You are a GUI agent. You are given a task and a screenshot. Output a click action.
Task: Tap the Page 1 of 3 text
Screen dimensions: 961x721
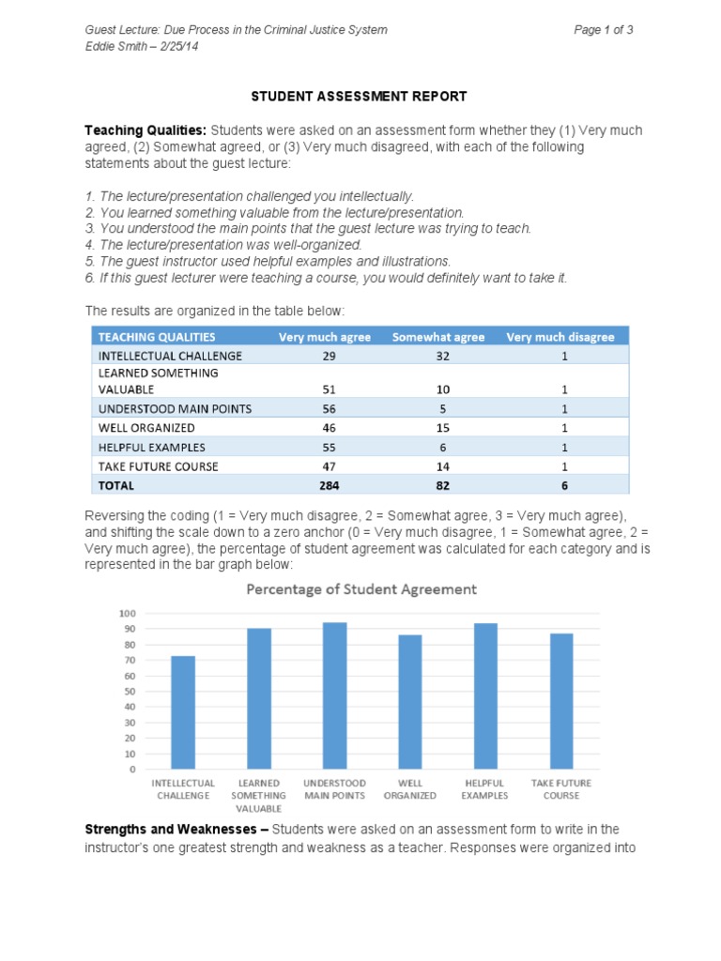coord(604,30)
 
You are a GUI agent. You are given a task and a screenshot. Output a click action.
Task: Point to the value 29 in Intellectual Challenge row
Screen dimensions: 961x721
coord(325,356)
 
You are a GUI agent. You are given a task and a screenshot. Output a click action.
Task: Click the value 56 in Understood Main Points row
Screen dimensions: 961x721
coord(325,408)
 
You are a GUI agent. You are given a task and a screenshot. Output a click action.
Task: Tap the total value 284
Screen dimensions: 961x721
coord(325,485)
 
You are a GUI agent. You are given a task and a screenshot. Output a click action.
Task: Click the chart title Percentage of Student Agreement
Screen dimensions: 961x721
coord(361,589)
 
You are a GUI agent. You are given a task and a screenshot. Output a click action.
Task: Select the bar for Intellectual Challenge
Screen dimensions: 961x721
coord(183,712)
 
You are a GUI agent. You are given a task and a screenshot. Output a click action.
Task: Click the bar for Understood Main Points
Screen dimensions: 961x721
coord(334,695)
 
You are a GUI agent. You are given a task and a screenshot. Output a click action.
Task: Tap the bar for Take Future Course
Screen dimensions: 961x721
coord(561,701)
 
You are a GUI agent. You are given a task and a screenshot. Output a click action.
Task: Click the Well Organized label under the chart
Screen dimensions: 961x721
coord(410,789)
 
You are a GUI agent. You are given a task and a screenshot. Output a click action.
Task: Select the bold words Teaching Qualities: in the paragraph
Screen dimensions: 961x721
coord(146,130)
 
